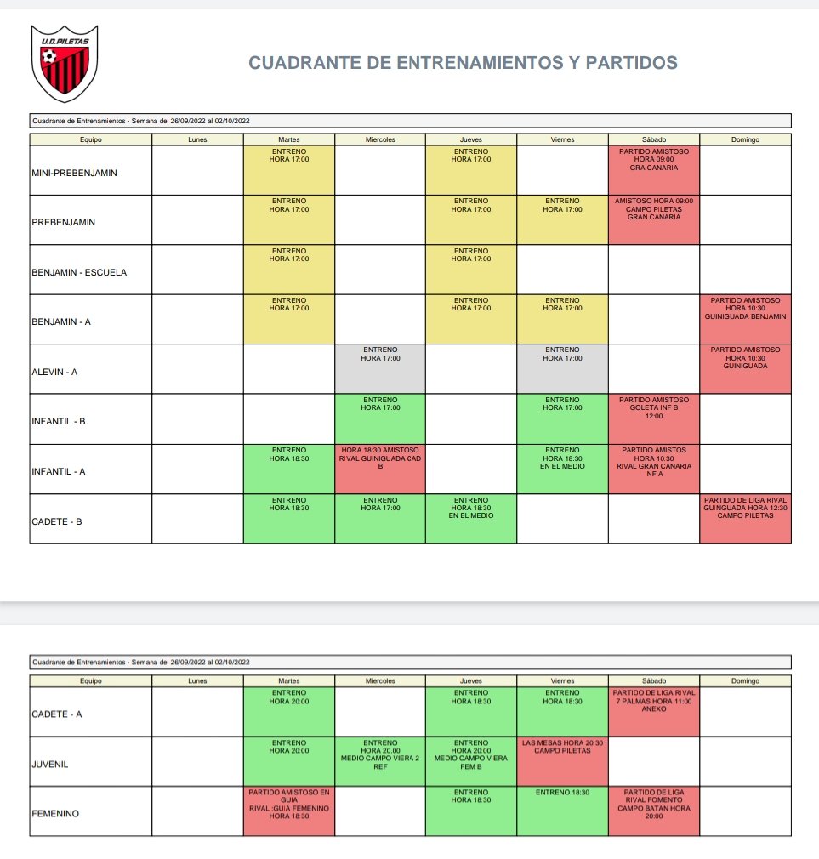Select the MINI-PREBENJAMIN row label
pyautogui.click(x=75, y=173)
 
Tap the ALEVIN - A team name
pyautogui.click(x=54, y=372)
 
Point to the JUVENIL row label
pyautogui.click(x=48, y=764)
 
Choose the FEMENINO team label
pyautogui.click(x=54, y=814)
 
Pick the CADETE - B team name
pyautogui.click(x=57, y=521)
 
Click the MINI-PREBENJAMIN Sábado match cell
pyautogui.click(x=654, y=170)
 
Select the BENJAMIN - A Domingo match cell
pyautogui.click(x=746, y=319)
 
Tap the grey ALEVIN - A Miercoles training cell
pyautogui.click(x=380, y=368)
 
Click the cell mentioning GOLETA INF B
pyautogui.click(x=654, y=418)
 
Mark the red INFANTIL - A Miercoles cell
pyautogui.click(x=380, y=468)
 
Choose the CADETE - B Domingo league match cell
pyautogui.click(x=746, y=518)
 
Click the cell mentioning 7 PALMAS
pyautogui.click(x=654, y=712)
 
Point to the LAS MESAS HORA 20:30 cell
pyautogui.click(x=562, y=761)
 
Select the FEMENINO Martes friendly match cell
pyautogui.click(x=289, y=811)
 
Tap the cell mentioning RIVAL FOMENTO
pyautogui.click(x=654, y=811)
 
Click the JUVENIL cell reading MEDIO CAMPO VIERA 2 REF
pyautogui.click(x=380, y=761)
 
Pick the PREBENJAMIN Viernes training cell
pyautogui.click(x=562, y=219)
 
